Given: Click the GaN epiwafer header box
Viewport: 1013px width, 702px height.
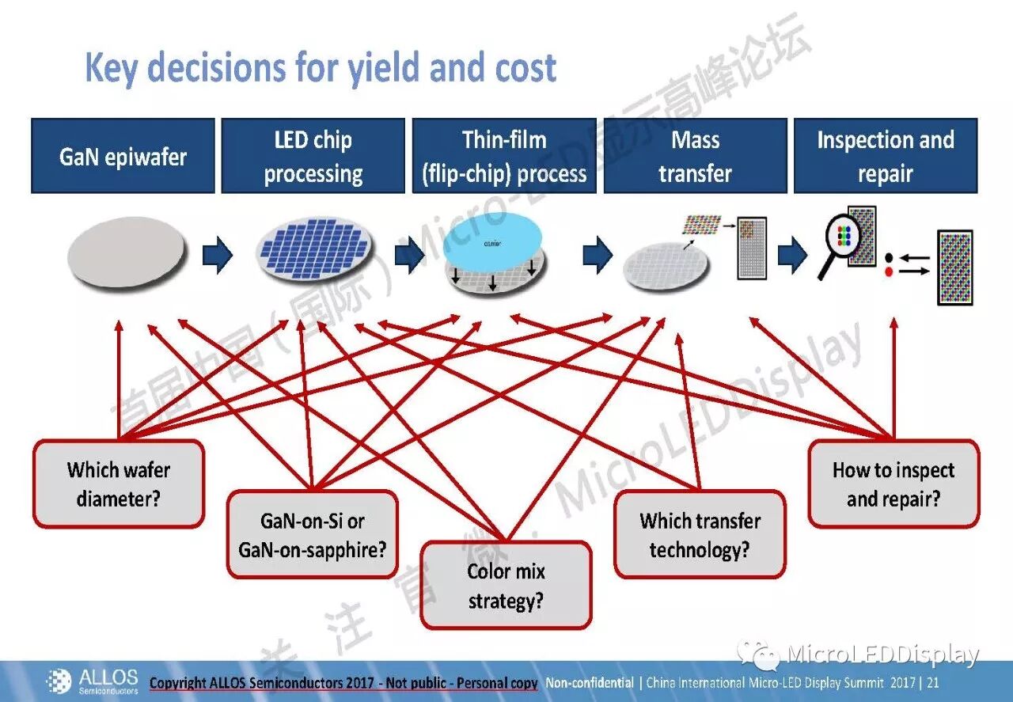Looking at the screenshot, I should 123,156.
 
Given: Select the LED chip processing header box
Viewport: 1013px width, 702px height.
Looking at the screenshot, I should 313,156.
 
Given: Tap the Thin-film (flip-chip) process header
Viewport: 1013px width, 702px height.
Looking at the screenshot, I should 504,156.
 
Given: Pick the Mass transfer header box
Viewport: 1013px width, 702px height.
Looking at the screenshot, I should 695,156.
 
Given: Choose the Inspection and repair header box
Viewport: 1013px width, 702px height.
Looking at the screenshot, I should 886,156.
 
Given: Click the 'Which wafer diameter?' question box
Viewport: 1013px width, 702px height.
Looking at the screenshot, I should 119,484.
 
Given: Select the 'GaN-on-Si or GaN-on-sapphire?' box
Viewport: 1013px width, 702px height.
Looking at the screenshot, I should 313,534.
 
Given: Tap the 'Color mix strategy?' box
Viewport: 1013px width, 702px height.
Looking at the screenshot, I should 506,586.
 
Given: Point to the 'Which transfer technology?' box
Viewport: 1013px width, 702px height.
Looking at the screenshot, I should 700,534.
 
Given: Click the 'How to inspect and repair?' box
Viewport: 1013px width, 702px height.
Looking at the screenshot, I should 893,484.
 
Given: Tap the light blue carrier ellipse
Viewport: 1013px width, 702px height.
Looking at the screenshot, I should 492,237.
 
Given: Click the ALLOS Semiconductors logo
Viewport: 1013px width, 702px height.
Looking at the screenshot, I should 93,681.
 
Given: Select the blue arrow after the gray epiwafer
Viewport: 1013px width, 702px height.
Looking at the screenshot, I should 217,256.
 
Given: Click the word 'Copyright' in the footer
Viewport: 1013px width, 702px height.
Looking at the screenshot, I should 180,683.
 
